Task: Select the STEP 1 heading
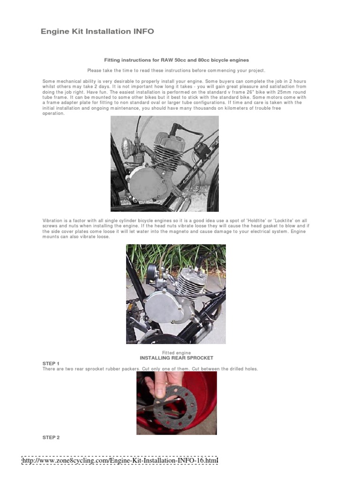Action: [51, 363]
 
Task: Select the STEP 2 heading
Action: [51, 437]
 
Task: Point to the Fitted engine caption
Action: [176, 352]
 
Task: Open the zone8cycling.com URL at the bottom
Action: [120, 461]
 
